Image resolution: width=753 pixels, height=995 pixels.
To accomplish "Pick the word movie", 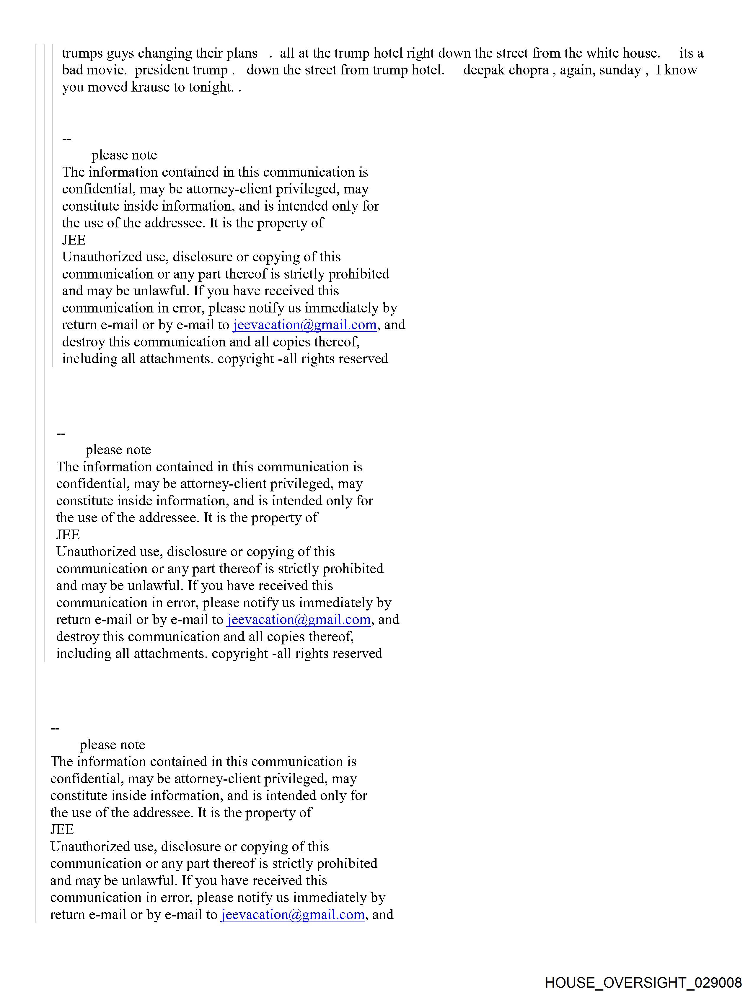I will tap(107, 70).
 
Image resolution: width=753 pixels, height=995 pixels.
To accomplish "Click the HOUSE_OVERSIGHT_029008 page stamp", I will tap(643, 982).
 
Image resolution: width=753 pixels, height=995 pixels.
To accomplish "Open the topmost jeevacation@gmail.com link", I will tap(304, 325).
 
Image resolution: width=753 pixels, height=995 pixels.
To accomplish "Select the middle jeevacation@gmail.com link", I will tap(299, 620).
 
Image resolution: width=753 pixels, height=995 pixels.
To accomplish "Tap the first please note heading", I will tap(124, 155).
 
